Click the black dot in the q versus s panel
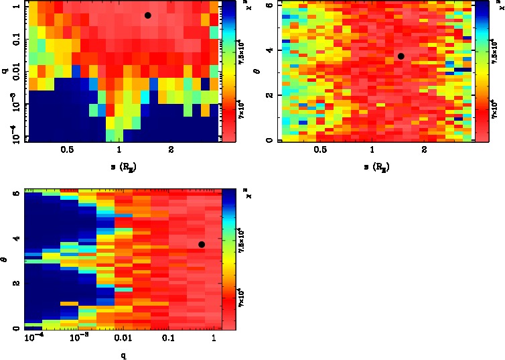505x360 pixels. (147, 15)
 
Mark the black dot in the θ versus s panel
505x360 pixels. (401, 56)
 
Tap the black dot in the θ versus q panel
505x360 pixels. (202, 245)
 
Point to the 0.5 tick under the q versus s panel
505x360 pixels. (67, 151)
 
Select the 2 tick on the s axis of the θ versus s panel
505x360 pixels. (425, 151)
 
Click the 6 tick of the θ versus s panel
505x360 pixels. (267, 5)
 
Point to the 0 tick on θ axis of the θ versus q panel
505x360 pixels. (15, 328)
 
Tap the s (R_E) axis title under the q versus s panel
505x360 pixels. (119, 164)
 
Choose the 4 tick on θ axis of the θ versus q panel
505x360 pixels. (15, 238)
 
